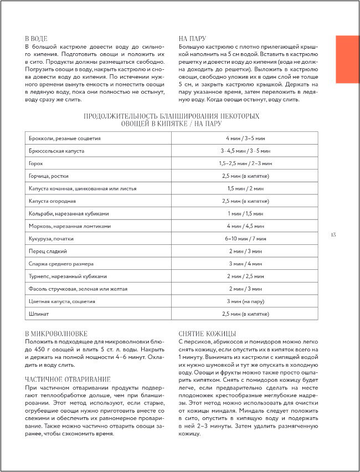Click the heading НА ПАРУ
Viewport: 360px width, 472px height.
point(192,39)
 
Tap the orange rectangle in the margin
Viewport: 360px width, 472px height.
point(347,59)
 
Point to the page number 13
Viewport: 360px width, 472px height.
point(333,235)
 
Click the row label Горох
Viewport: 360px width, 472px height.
point(36,163)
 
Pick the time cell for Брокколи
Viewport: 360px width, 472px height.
point(245,138)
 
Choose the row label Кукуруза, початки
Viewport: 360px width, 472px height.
point(50,238)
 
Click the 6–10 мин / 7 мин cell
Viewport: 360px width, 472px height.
point(245,238)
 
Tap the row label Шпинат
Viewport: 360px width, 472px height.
point(38,314)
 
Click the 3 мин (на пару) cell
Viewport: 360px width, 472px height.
point(245,301)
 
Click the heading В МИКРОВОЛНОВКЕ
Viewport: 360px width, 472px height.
point(56,334)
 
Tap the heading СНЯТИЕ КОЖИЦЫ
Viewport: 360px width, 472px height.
point(208,334)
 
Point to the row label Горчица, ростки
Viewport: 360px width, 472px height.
point(49,176)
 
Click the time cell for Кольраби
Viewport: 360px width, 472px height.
point(245,213)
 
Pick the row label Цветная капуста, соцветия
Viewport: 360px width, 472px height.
point(61,301)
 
